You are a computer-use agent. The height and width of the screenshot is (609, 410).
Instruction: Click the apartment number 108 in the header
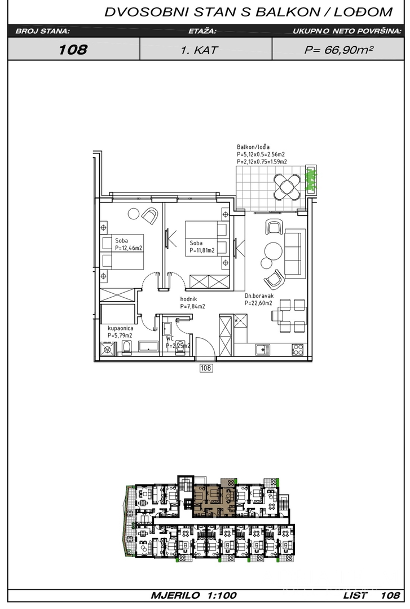(x=73, y=49)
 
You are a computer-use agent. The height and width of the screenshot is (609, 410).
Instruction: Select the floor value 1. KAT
(x=200, y=50)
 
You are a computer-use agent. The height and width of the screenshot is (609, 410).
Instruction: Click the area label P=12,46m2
(x=128, y=248)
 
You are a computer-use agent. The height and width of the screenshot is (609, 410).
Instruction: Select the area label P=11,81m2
(x=202, y=250)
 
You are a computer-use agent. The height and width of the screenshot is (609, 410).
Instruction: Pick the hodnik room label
(x=188, y=299)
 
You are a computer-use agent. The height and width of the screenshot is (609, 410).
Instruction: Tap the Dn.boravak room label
(x=259, y=295)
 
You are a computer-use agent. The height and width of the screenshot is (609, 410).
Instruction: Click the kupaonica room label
(x=121, y=328)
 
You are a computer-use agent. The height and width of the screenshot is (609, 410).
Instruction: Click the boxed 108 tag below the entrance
(x=206, y=368)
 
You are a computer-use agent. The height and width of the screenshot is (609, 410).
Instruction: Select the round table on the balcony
(x=287, y=187)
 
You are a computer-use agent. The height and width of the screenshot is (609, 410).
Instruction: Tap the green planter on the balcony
(x=311, y=179)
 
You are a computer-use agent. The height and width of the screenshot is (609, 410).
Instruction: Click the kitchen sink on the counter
(x=262, y=350)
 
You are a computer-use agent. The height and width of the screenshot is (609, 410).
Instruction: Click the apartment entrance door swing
(x=205, y=347)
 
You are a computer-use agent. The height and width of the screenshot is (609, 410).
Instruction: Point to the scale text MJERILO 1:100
(x=193, y=595)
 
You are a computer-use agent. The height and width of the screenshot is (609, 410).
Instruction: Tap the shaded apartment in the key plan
(x=214, y=499)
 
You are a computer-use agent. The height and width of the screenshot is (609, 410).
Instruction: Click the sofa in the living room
(x=293, y=253)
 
